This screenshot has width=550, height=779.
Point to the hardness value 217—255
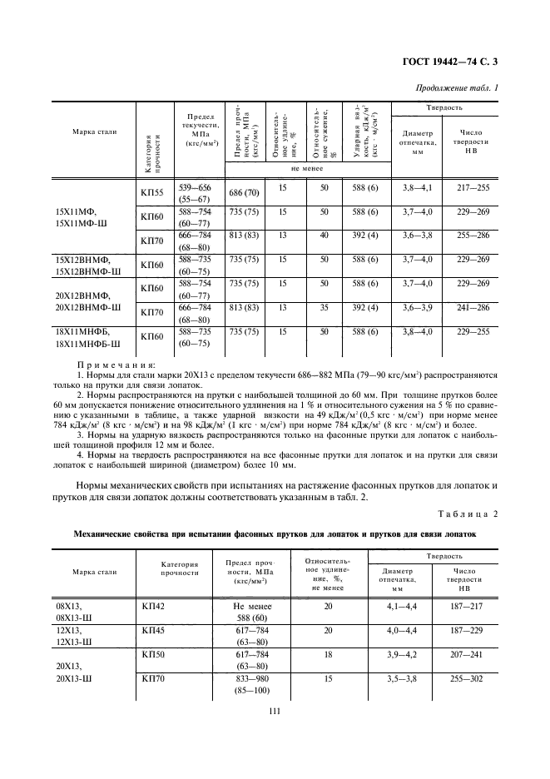471,188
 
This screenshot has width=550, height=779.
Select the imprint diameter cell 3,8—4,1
416,188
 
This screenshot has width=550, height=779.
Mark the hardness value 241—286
471,309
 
